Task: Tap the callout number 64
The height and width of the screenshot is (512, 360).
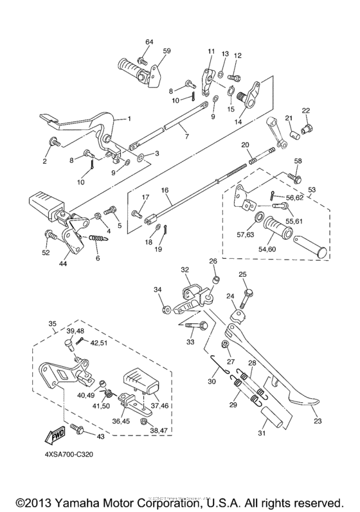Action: (x=149, y=42)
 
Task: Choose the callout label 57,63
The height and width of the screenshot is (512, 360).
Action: (x=244, y=235)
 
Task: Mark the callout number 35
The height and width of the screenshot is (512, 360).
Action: (x=52, y=324)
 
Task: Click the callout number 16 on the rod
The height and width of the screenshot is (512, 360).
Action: (x=164, y=191)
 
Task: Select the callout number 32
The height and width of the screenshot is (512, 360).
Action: (x=184, y=270)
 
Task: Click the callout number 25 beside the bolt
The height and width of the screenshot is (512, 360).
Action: (x=243, y=275)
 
